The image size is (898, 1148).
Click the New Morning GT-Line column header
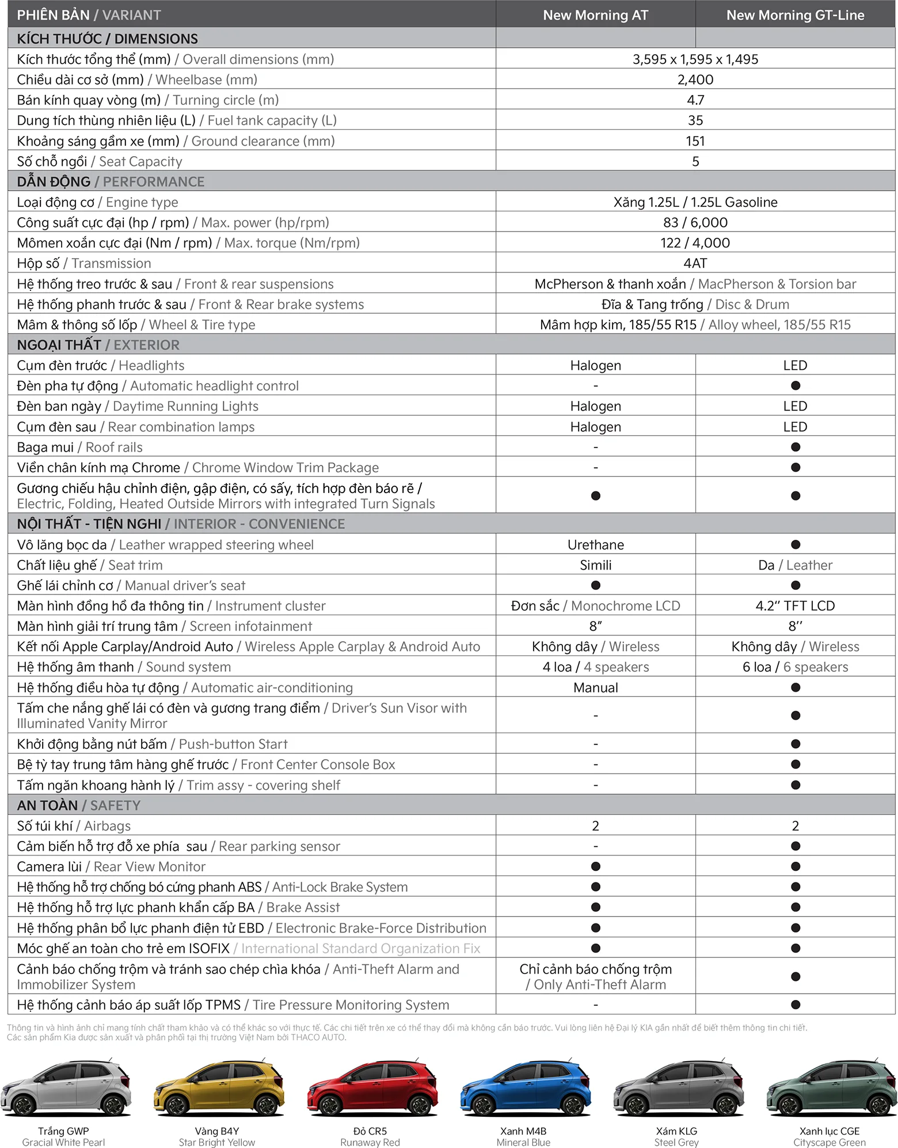point(795,15)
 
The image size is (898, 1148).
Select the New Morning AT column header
point(595,15)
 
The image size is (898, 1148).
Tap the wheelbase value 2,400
point(695,79)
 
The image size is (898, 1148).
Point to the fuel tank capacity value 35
point(695,120)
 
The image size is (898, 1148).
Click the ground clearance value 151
point(695,141)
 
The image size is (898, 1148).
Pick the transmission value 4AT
point(695,263)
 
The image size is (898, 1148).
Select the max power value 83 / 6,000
point(695,222)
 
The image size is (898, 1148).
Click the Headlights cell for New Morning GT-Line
point(795,365)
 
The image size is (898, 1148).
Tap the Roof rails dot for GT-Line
point(795,447)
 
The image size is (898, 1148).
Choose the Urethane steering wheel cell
point(595,544)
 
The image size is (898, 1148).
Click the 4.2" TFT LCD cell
point(795,605)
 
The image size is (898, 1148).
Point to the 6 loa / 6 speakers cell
point(795,667)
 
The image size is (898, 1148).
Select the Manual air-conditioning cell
point(595,687)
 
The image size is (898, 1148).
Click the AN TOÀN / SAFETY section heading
point(78,805)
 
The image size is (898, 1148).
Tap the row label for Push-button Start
point(152,744)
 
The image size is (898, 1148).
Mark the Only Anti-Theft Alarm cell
point(595,977)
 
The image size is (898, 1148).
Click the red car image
point(370,1088)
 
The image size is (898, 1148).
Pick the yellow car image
point(218,1088)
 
